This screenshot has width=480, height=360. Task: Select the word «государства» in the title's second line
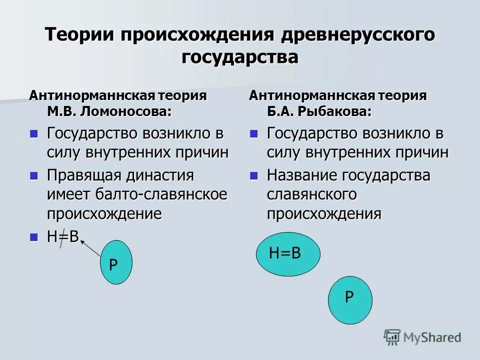click(x=240, y=56)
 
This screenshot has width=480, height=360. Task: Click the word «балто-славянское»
click(x=162, y=194)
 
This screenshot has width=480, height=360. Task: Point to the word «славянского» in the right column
click(x=311, y=194)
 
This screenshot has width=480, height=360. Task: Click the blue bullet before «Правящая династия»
click(x=34, y=175)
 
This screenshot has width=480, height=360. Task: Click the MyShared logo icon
click(x=392, y=337)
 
